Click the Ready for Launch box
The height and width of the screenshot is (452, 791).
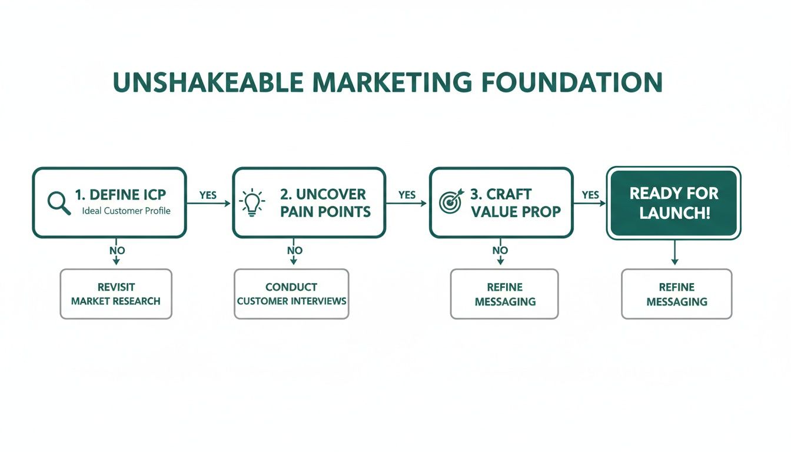pyautogui.click(x=674, y=203)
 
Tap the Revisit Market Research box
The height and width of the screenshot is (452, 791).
pyautogui.click(x=116, y=294)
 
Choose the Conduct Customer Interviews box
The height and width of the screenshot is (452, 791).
pyautogui.click(x=291, y=294)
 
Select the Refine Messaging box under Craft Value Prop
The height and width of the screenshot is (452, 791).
pyautogui.click(x=504, y=294)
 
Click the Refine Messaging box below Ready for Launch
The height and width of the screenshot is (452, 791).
pyautogui.click(x=677, y=294)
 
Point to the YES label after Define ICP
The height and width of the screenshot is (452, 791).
pyautogui.click(x=208, y=195)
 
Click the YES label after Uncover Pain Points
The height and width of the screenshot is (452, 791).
pyautogui.click(x=407, y=195)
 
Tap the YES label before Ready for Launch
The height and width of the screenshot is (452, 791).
pyautogui.click(x=590, y=195)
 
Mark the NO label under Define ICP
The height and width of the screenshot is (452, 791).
pyautogui.click(x=117, y=250)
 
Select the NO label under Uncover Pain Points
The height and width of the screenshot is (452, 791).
pyautogui.click(x=294, y=250)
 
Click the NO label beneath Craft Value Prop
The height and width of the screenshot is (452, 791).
pyautogui.click(x=500, y=250)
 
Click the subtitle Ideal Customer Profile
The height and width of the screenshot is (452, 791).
pyautogui.click(x=127, y=211)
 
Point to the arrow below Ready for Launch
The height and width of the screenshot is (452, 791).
pyautogui.click(x=674, y=254)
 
